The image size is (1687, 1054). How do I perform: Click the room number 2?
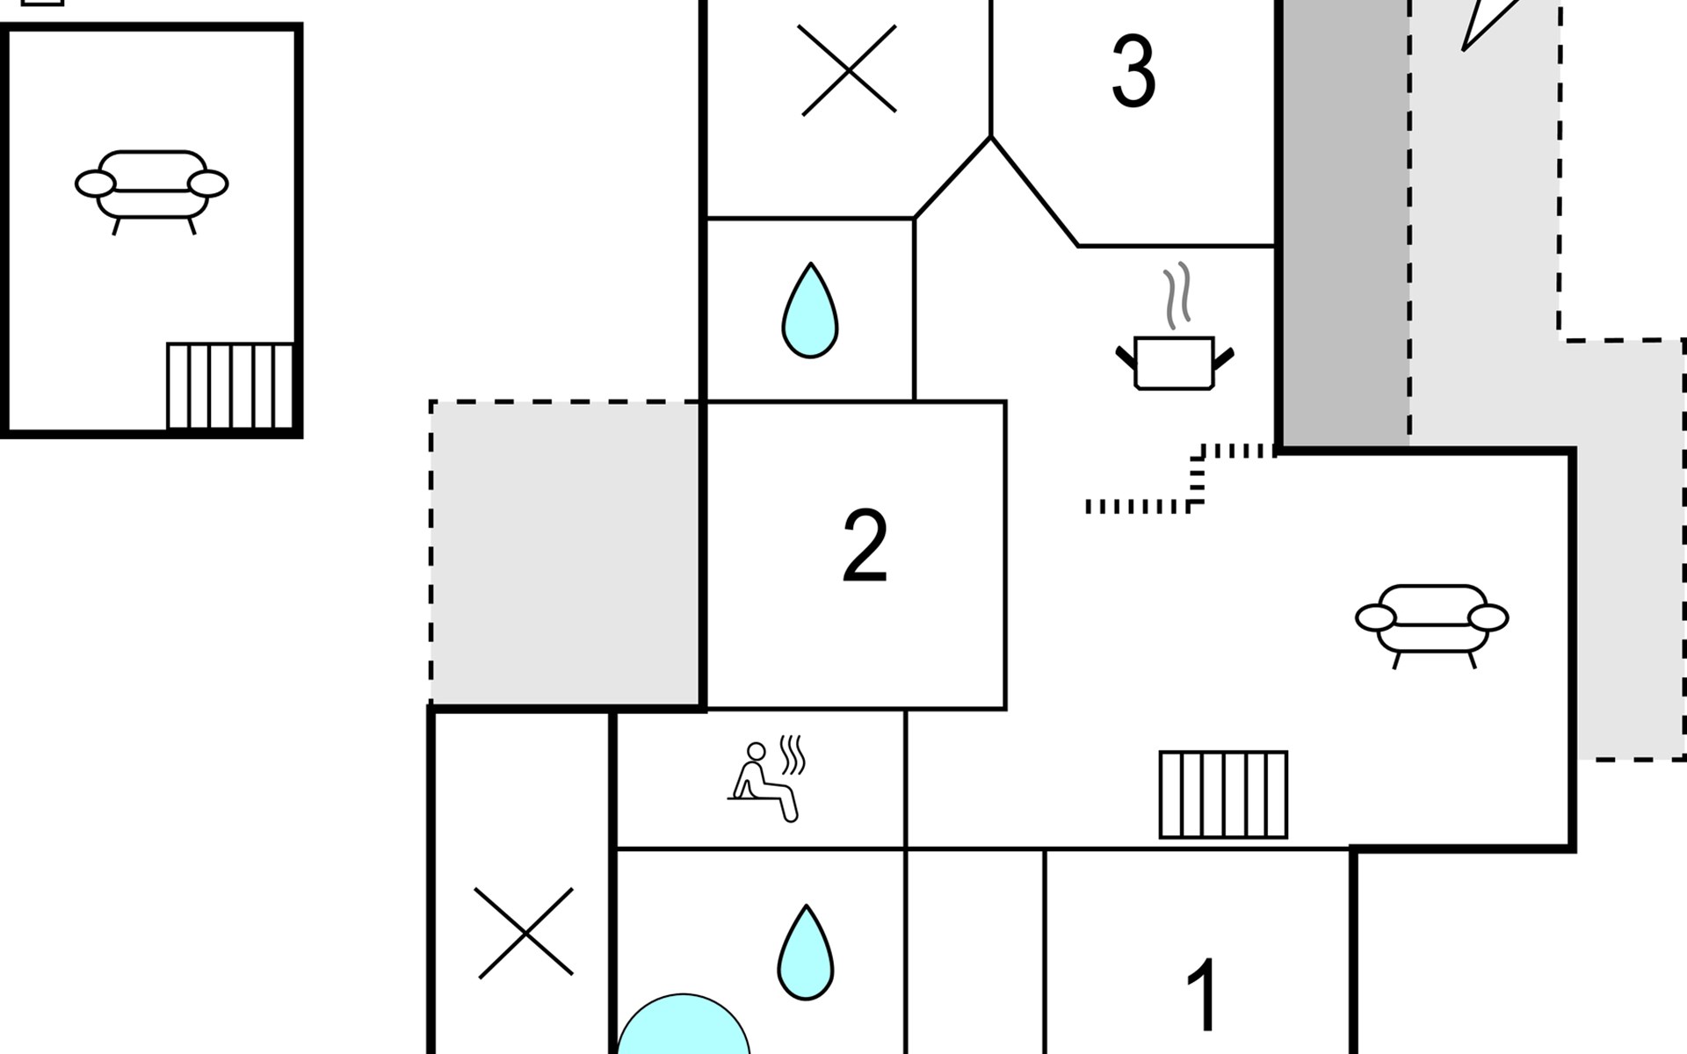(x=865, y=545)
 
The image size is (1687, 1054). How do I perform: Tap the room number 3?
(x=1133, y=71)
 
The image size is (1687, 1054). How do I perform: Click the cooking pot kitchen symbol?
(x=1175, y=362)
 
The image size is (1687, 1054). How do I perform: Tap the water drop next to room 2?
(x=809, y=310)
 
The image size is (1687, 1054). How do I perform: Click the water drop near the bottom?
(x=806, y=952)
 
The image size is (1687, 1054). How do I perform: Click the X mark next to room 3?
(x=849, y=69)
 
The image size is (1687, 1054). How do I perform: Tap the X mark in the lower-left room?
(x=525, y=932)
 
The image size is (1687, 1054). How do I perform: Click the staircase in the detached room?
(x=230, y=386)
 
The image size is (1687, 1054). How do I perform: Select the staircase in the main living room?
(x=1223, y=795)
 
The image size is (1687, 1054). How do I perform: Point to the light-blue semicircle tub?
(x=684, y=1026)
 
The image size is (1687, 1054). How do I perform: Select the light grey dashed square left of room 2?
(x=566, y=552)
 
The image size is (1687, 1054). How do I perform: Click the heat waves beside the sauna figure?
(x=793, y=754)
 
